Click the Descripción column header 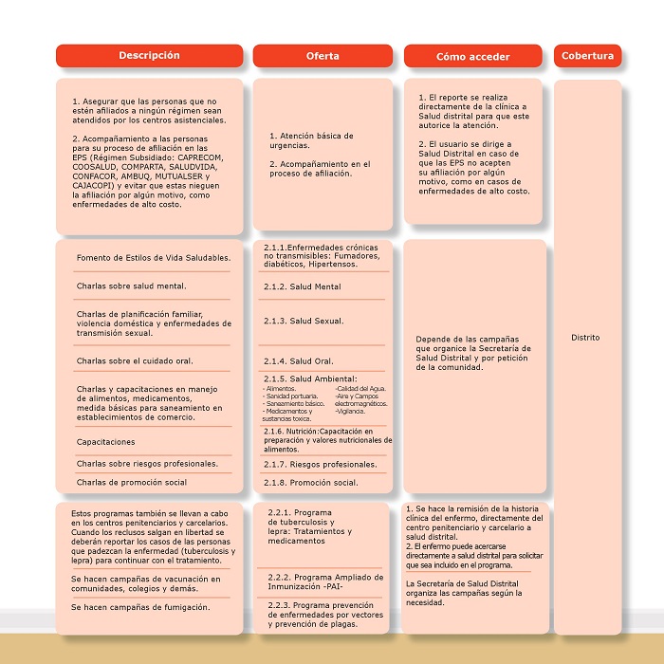150,56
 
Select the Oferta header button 323,56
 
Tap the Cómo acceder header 473,56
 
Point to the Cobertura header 587,56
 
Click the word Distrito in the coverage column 585,338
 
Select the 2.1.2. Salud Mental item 303,286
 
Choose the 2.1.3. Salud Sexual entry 304,321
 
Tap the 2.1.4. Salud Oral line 298,360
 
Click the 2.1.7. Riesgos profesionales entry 320,464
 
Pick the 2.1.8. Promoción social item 310,483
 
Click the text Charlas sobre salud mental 131,285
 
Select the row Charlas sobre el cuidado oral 135,360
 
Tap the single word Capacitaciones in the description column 105,442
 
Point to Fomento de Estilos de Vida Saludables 154,258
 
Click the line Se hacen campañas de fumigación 139,606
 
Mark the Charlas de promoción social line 132,482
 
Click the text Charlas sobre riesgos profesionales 147,464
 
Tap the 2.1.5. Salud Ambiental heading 310,378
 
